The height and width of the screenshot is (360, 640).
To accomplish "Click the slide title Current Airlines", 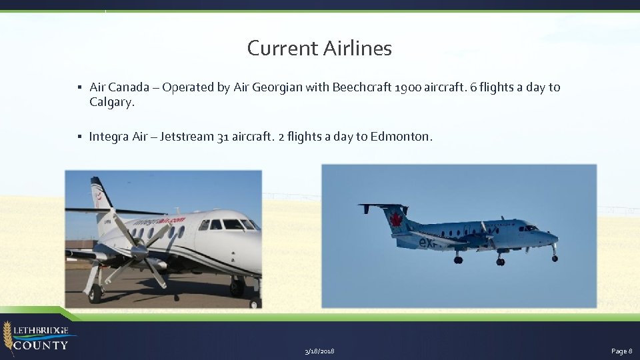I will click(x=319, y=48).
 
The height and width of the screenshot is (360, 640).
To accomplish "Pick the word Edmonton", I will click(x=400, y=137).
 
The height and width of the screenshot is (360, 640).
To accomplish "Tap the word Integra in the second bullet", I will click(x=109, y=137).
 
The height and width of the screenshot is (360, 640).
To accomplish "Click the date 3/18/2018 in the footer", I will click(x=319, y=351).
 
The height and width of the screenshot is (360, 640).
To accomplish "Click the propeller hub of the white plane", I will click(x=138, y=251).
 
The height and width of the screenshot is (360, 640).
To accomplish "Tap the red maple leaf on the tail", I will click(x=396, y=219).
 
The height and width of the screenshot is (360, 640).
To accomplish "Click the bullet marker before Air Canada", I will click(x=79, y=87).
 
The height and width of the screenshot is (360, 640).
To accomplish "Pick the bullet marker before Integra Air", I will click(x=79, y=137).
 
